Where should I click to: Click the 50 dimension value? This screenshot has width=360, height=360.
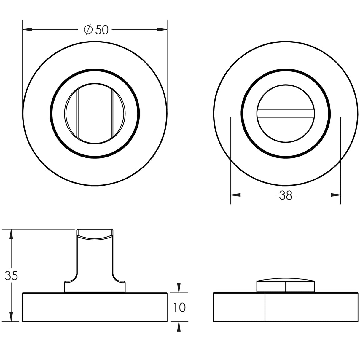pyautogui.click(x=102, y=30)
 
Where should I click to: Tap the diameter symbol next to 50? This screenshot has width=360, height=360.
pyautogui.click(x=88, y=30)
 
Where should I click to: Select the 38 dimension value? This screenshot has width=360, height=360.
pyautogui.click(x=286, y=195)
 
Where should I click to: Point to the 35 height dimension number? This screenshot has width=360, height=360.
pyautogui.click(x=11, y=276)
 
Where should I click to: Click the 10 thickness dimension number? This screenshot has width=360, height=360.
pyautogui.click(x=179, y=308)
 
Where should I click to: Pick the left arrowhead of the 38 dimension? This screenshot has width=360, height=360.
pyautogui.click(x=235, y=195)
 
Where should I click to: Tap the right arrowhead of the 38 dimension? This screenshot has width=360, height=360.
pyautogui.click(x=336, y=195)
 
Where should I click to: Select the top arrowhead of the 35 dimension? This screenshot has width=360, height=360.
pyautogui.click(x=11, y=234)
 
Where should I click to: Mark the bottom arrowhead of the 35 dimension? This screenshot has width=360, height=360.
pyautogui.click(x=11, y=317)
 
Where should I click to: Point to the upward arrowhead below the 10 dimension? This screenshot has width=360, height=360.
pyautogui.click(x=179, y=326)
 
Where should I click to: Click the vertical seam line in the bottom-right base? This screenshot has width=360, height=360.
pyautogui.click(x=265, y=307)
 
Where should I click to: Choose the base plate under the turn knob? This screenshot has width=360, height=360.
pyautogui.click(x=95, y=307)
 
